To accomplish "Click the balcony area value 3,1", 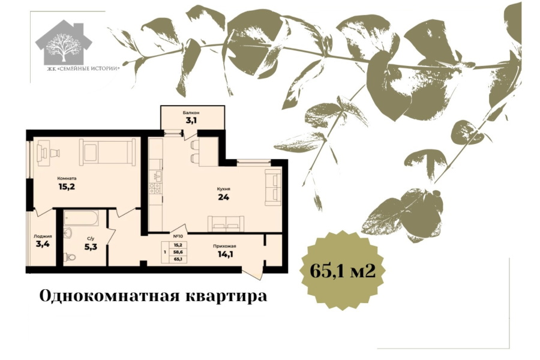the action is [x=191, y=121].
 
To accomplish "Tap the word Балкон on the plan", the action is [x=191, y=113].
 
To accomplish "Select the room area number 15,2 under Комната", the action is [x=67, y=187].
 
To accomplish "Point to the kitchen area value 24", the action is [x=224, y=197].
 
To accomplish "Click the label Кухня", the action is [x=224, y=189].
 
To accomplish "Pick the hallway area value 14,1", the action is [x=225, y=254].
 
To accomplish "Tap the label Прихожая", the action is [x=224, y=246].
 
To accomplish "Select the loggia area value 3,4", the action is [x=43, y=244].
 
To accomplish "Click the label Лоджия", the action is [x=43, y=236].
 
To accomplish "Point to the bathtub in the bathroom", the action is [x=81, y=218].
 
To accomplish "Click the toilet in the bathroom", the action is [x=70, y=257].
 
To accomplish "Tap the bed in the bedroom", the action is [x=107, y=152].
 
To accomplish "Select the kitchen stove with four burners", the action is [x=155, y=188].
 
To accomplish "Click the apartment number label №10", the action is [x=178, y=236].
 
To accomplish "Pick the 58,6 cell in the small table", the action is [x=178, y=252].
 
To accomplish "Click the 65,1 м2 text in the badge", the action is [x=343, y=271].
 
